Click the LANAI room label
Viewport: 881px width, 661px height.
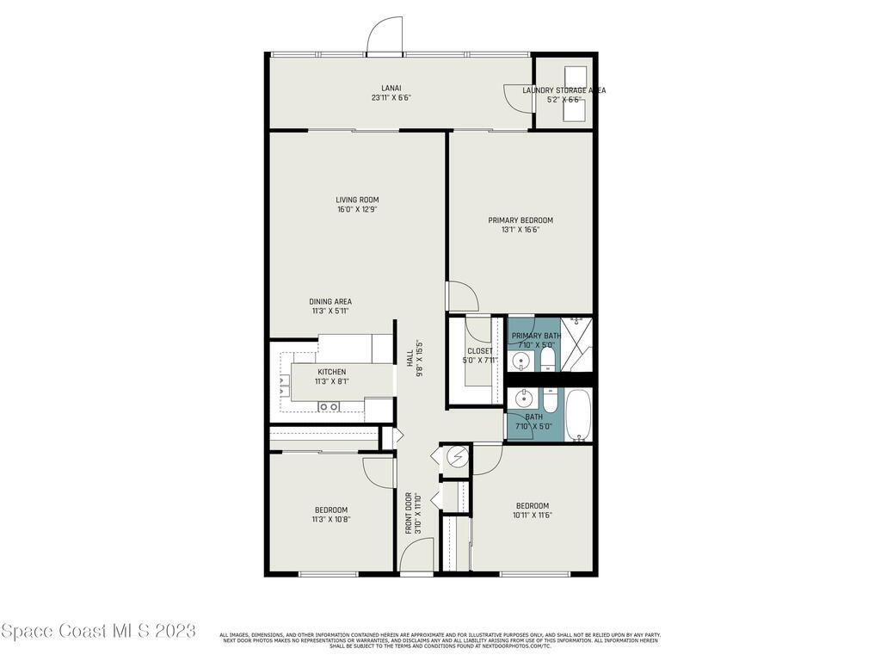click(391, 87)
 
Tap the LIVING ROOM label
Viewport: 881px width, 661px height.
click(357, 200)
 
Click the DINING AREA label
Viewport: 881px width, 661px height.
click(330, 301)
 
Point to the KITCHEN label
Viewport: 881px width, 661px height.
click(331, 372)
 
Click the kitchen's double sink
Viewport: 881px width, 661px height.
click(329, 406)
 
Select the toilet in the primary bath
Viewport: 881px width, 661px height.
click(548, 361)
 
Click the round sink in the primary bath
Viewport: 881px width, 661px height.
click(518, 360)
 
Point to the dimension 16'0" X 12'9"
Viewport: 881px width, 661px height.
click(357, 209)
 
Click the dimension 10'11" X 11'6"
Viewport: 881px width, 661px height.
click(533, 515)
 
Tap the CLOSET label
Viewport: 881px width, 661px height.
click(479, 350)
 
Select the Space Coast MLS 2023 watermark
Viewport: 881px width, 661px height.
click(98, 632)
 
